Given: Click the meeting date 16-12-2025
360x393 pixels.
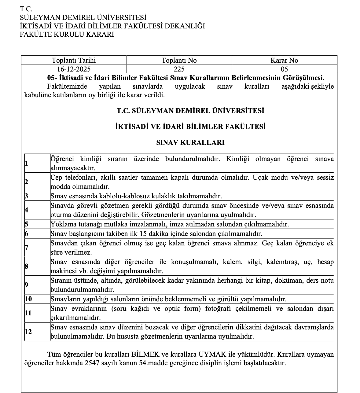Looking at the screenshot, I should (x=74, y=69).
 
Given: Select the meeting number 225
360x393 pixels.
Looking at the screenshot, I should (x=179, y=69).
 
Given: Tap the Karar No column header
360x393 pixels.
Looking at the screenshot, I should (x=284, y=60).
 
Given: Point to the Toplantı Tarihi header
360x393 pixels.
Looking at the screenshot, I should (x=74, y=60).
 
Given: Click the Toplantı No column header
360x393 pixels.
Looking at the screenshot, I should (x=179, y=60).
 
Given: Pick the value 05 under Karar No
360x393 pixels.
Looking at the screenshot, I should (x=284, y=69).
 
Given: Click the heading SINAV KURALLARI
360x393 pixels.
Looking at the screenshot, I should (x=190, y=142).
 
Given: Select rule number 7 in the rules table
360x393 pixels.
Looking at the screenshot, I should (x=27, y=248).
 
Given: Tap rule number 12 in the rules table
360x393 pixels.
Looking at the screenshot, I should (x=28, y=332).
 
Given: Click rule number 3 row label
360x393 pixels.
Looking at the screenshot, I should (x=26, y=196).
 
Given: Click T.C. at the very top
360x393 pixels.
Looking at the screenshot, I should (x=26, y=9).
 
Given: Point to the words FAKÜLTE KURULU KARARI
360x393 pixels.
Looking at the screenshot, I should (x=67, y=34).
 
